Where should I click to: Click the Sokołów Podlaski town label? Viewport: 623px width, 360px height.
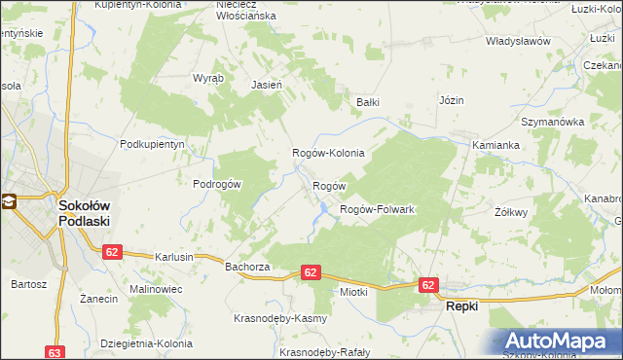[84, 213]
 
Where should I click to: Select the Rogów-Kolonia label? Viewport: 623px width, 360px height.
[329, 153]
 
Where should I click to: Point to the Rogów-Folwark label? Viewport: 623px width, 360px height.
[377, 209]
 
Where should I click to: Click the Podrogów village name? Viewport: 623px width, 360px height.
[216, 183]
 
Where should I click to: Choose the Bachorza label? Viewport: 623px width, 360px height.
[246, 266]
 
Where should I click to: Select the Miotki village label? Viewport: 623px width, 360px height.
[351, 291]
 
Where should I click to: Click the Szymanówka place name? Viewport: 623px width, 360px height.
[551, 122]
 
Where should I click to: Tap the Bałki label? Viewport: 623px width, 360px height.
[367, 101]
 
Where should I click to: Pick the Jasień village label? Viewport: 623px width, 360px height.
[267, 85]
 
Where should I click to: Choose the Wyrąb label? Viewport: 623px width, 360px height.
[208, 78]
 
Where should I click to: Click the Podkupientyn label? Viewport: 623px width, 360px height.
[152, 143]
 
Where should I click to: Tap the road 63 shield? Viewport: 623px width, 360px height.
[55, 353]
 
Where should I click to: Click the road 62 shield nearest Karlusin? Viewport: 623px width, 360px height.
[112, 251]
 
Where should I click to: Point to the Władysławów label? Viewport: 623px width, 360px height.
[519, 42]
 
